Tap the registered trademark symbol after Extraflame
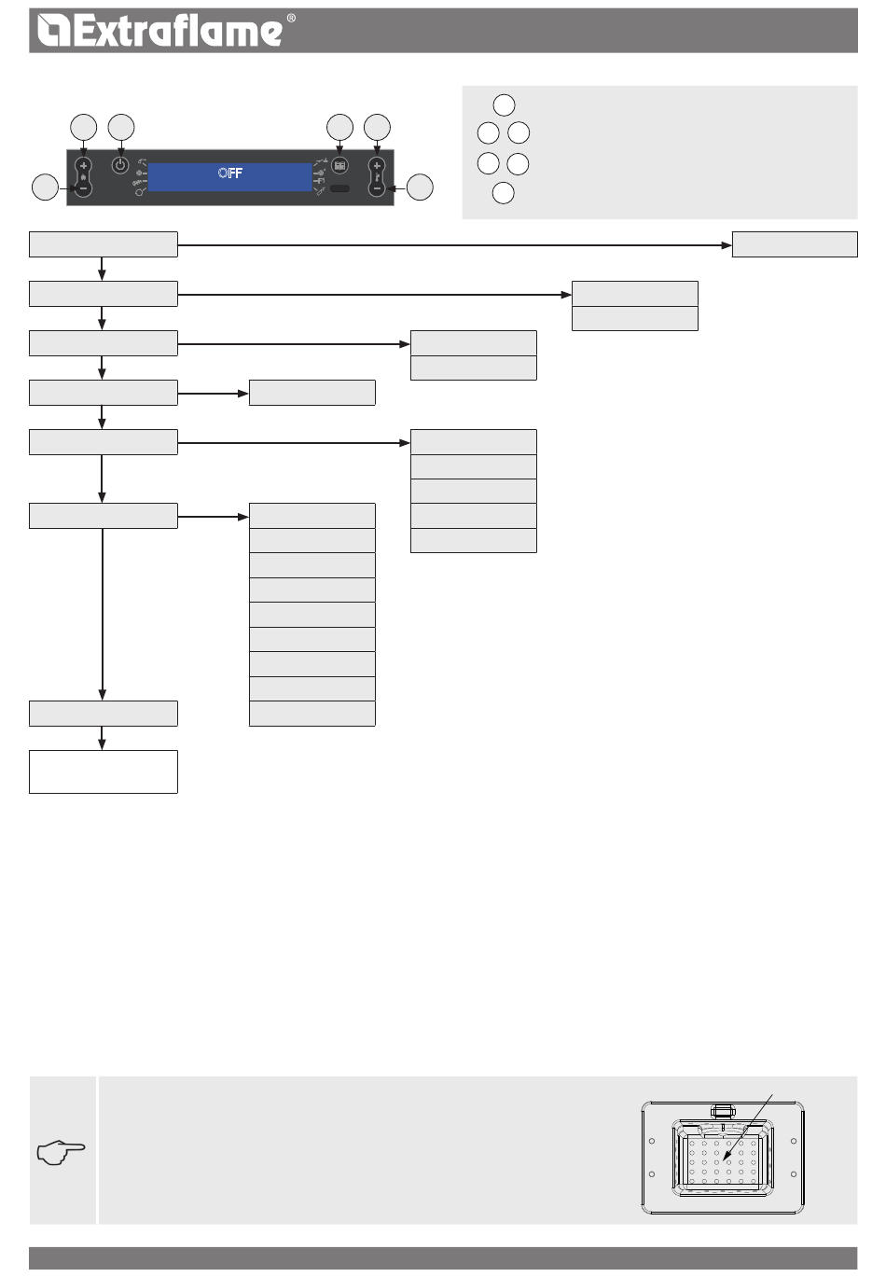[291, 19]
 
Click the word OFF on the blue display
[230, 173]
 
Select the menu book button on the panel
[339, 165]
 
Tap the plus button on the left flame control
[84, 166]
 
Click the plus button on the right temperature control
[377, 166]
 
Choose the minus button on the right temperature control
[377, 187]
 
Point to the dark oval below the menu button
[339, 188]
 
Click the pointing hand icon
[62, 1152]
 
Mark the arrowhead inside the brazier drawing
[727, 1161]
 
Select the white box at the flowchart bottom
[103, 771]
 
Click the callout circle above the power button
[120, 127]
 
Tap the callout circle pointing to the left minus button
[44, 187]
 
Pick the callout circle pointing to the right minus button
[420, 187]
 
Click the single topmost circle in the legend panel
[504, 104]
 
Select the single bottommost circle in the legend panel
[503, 193]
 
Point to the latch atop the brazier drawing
[722, 1110]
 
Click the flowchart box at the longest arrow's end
[795, 244]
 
